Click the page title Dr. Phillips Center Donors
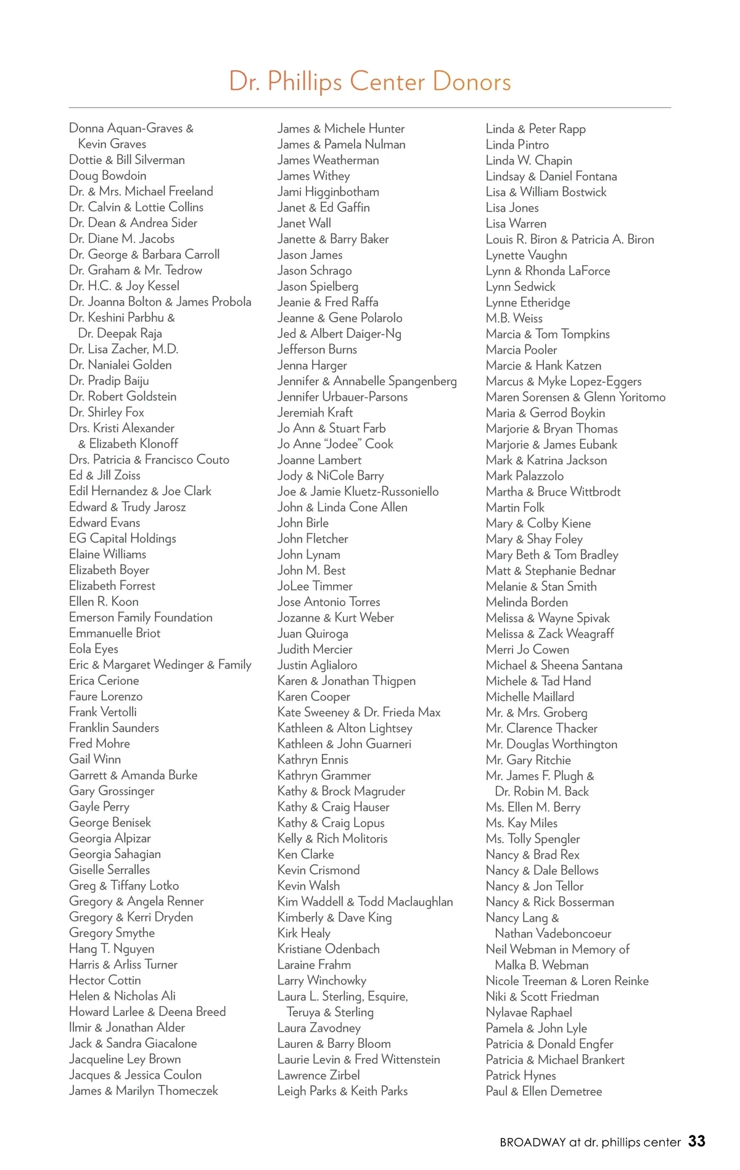[370, 82]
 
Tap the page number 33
[697, 1141]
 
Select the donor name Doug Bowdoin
[108, 176]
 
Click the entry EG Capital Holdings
[123, 538]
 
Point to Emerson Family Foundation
[141, 617]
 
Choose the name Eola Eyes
[94, 648]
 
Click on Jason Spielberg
[318, 286]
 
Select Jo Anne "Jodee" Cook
[335, 444]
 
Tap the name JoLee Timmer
[314, 586]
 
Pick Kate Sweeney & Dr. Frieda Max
[359, 712]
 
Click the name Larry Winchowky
[322, 980]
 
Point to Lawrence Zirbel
[318, 1075]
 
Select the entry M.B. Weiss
[514, 318]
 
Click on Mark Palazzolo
[525, 476]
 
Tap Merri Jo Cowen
[527, 649]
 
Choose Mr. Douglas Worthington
[551, 744]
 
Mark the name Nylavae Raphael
[528, 1012]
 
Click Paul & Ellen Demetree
[544, 1091]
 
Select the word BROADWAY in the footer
[532, 1142]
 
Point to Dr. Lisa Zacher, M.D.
[123, 349]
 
